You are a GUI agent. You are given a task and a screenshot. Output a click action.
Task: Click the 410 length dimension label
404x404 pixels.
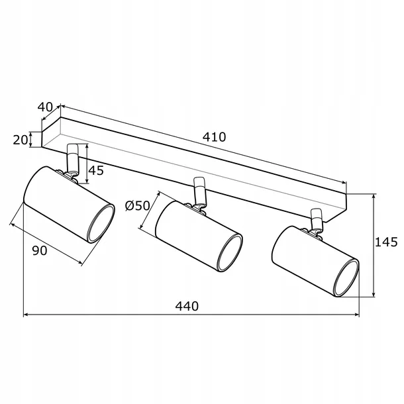(214, 137)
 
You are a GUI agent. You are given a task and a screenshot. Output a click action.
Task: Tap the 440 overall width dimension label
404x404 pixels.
(187, 307)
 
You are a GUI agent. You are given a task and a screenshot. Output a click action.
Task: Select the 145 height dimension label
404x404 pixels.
(386, 242)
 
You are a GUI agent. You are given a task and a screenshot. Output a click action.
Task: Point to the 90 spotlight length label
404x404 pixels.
(40, 250)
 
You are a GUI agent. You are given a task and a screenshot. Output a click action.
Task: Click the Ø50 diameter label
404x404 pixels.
(137, 206)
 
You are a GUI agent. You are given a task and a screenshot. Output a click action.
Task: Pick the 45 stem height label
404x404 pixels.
(96, 171)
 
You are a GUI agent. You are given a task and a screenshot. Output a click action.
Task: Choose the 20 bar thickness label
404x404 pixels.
(20, 140)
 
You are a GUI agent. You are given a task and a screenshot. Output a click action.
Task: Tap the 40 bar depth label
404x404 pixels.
(45, 107)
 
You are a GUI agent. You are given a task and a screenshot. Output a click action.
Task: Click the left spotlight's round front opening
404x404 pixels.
(101, 224)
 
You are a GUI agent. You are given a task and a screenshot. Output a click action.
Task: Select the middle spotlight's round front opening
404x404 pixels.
(230, 253)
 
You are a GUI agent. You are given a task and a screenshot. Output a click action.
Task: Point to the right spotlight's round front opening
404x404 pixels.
(346, 278)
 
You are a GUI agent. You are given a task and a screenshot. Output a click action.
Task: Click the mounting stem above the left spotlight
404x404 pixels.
(72, 159)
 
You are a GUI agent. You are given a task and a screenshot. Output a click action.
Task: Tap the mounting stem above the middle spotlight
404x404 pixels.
(200, 191)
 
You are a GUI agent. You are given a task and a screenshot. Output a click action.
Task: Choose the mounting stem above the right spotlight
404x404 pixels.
(317, 219)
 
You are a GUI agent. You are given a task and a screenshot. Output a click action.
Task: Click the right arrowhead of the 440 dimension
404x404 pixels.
(357, 315)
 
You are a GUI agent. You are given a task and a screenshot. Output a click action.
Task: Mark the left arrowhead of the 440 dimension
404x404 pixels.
(26, 315)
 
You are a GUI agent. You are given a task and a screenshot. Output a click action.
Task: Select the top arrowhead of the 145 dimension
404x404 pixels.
(374, 197)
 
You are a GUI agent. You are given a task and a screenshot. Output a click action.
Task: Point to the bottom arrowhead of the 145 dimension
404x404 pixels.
(374, 294)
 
